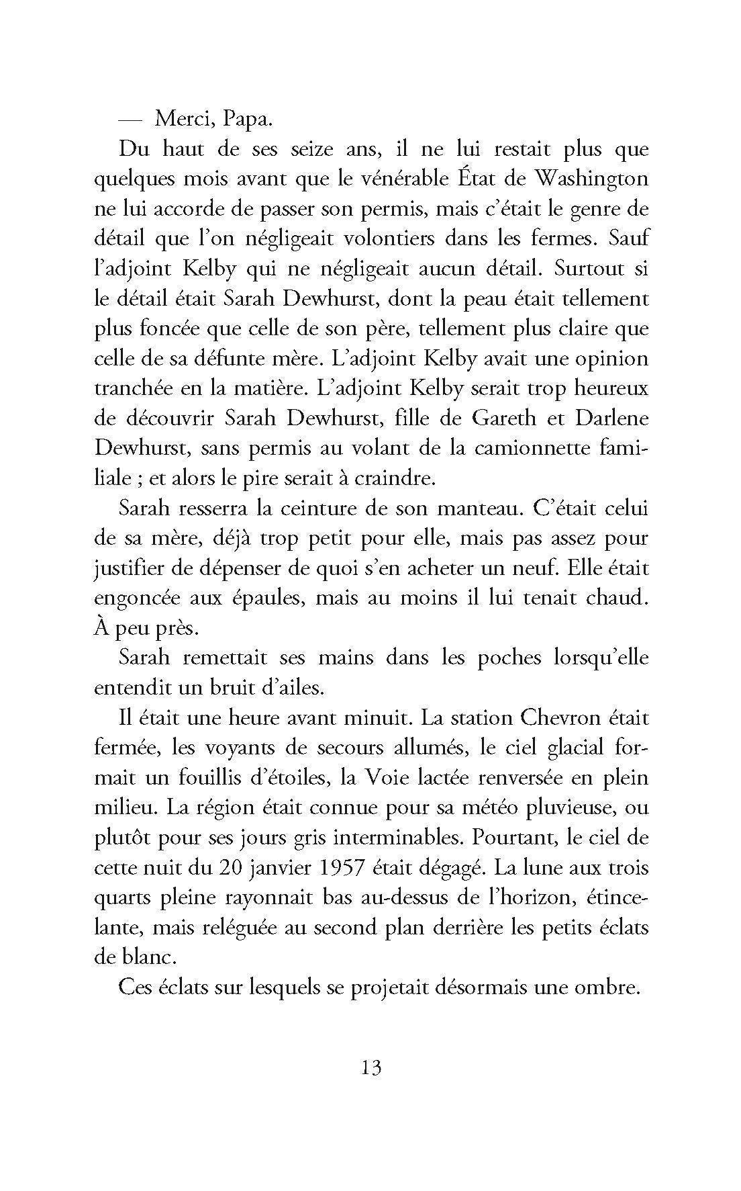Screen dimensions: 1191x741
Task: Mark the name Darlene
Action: [607, 418]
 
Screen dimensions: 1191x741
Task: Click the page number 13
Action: [370, 1067]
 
